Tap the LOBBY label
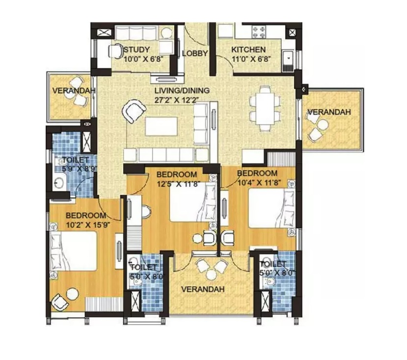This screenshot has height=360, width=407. (x=195, y=54)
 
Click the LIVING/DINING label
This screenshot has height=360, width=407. (x=182, y=90)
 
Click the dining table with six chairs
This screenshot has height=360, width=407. (x=265, y=108)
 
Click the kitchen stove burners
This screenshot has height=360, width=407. (x=259, y=32)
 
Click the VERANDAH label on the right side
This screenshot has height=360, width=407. (x=329, y=112)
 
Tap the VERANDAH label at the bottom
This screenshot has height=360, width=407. (x=203, y=289)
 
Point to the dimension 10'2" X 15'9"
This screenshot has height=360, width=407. (x=88, y=224)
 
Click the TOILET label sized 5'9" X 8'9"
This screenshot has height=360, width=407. (x=76, y=160)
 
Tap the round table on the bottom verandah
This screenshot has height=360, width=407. (x=211, y=274)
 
